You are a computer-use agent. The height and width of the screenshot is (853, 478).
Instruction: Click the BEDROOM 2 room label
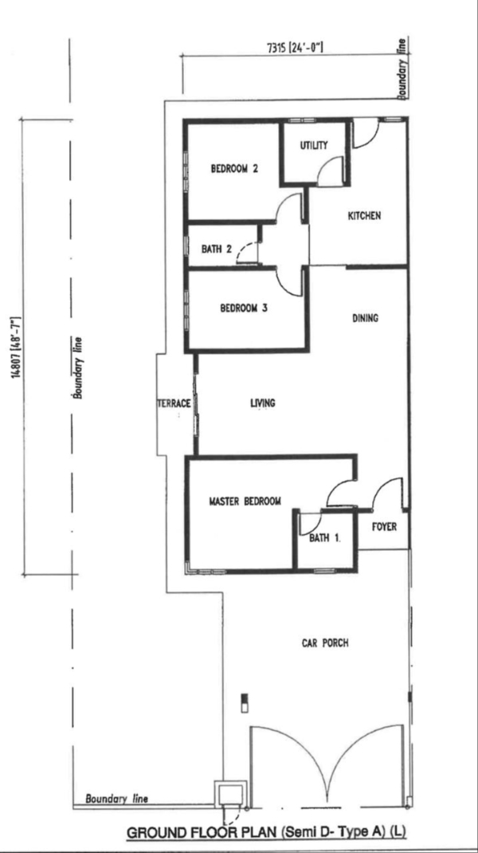click(234, 169)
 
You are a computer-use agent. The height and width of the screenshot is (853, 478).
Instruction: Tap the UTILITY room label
click(314, 145)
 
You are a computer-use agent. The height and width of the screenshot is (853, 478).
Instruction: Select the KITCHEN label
click(364, 216)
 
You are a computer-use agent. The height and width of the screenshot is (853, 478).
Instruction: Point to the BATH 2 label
click(217, 250)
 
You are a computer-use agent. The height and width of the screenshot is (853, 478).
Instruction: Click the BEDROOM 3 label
click(244, 309)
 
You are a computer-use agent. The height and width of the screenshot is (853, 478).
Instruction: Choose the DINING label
click(365, 318)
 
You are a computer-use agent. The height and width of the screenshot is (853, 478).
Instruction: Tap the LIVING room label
click(263, 403)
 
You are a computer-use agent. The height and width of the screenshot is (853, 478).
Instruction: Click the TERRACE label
click(174, 403)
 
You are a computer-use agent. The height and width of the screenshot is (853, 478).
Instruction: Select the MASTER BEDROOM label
click(245, 501)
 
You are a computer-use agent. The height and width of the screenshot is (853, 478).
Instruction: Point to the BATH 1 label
click(325, 539)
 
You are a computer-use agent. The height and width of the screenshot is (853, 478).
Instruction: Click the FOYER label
click(385, 527)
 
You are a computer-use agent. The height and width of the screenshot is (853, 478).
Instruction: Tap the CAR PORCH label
click(325, 643)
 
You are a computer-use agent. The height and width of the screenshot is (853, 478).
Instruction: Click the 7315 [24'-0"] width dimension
click(296, 47)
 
